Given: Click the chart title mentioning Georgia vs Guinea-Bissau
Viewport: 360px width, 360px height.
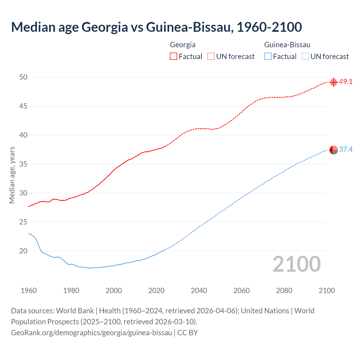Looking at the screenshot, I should (156, 27).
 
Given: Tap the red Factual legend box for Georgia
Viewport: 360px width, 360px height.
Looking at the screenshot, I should (174, 56).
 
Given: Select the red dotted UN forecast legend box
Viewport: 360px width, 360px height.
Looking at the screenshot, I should (211, 56).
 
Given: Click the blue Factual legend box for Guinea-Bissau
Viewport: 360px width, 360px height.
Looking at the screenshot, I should (268, 56).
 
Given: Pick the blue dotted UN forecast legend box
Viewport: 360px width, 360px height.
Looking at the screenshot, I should (305, 56).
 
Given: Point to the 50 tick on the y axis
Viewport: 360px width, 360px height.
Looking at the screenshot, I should (23, 77).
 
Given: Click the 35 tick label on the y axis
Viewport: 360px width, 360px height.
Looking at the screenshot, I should (23, 164).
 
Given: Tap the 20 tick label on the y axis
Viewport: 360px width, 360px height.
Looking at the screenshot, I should (23, 251).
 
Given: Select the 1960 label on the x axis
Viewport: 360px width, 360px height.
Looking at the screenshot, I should (29, 291).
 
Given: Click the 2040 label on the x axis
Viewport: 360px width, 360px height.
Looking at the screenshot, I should (199, 291).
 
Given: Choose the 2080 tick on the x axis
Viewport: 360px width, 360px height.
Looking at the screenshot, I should (284, 291).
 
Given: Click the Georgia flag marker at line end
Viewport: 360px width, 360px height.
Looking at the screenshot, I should (334, 82).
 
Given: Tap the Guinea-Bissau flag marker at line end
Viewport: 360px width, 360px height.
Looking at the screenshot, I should (334, 150).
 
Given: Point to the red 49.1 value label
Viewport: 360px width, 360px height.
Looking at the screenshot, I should (346, 82).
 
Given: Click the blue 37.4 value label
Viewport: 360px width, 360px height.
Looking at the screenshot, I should (346, 149).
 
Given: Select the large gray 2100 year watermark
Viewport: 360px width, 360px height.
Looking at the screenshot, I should (296, 264).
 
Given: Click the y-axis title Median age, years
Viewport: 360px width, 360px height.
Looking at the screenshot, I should (12, 175).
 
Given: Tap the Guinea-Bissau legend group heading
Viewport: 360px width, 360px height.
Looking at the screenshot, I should (287, 45).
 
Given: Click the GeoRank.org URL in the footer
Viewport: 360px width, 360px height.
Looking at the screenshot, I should (91, 332).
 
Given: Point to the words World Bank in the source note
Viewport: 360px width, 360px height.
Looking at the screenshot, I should (75, 311).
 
